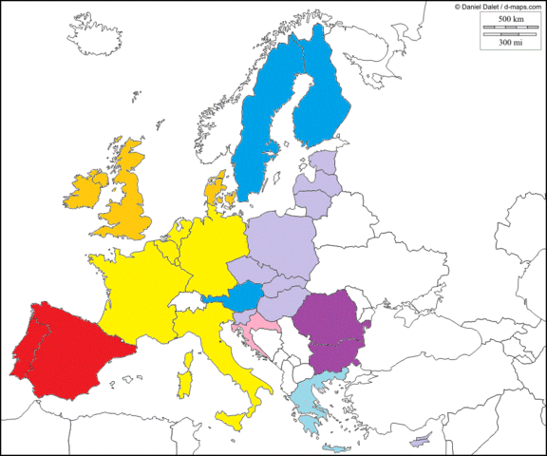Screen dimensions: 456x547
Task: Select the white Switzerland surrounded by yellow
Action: click(190, 303)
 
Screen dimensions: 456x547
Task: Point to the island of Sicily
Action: click(233, 419)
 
